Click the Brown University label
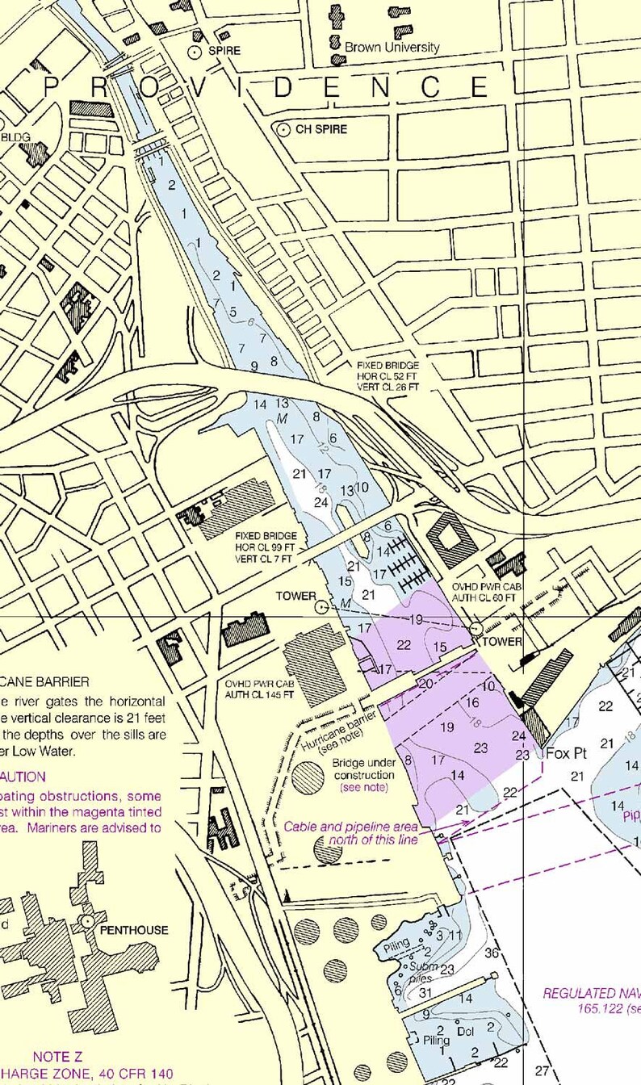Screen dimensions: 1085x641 tap(392, 48)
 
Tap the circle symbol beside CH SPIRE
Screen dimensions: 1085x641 tap(283, 129)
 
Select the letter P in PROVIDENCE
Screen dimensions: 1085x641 tap(51, 86)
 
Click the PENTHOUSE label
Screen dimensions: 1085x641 tap(134, 930)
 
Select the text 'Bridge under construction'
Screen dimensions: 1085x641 tap(362, 769)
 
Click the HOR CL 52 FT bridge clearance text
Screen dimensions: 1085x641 tap(388, 376)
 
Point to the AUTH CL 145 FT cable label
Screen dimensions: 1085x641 tap(260, 694)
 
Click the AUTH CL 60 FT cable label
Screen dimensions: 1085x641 tap(484, 598)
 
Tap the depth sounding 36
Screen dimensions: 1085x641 tap(492, 953)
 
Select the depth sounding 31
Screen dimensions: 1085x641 tap(425, 992)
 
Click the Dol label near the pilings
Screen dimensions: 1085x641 tap(466, 1032)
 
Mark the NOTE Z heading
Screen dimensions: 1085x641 tap(57, 1056)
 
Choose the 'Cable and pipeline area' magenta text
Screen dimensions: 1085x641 tap(350, 827)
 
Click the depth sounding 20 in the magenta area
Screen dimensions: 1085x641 tap(426, 683)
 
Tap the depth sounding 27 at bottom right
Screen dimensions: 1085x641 tap(542, 1071)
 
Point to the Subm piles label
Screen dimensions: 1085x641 tap(423, 972)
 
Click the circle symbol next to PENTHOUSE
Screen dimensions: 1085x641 tap(86, 921)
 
